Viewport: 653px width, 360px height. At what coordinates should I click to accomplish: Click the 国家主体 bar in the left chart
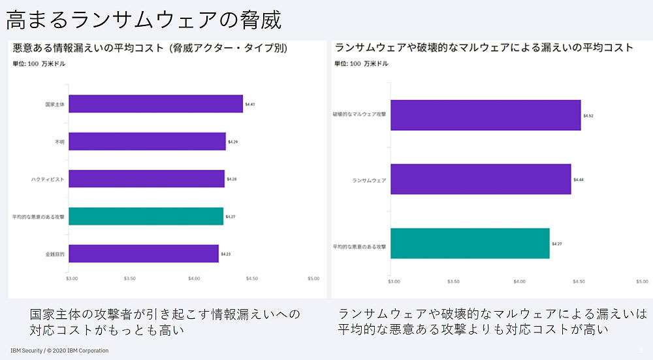pos(155,104)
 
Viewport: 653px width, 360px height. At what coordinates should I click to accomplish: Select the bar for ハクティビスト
pos(146,178)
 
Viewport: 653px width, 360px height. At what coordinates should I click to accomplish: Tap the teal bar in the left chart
pos(146,216)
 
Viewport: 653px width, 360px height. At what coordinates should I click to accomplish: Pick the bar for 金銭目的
pos(143,254)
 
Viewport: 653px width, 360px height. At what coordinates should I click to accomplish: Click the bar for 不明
pos(147,141)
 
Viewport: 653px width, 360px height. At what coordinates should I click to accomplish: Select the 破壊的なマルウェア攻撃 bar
pos(485,115)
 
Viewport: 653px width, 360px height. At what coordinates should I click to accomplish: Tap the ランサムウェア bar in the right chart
pos(481,179)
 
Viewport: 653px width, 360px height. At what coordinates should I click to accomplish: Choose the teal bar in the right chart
pos(470,244)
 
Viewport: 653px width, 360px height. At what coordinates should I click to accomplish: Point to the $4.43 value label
pos(250,104)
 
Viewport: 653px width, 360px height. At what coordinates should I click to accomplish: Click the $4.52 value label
pos(588,116)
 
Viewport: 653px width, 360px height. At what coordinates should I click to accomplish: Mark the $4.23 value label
pos(225,254)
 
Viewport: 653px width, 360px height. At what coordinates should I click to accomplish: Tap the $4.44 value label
pos(579,180)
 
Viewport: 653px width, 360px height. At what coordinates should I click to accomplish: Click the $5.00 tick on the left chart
pos(313,278)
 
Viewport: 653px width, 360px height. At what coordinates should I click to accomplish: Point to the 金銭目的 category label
pos(54,254)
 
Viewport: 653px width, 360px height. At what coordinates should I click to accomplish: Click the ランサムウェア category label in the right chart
pos(369,180)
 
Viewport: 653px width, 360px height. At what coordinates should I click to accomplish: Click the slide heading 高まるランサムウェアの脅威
pos(144,20)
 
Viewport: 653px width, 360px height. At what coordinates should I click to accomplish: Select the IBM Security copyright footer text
pos(59,351)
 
